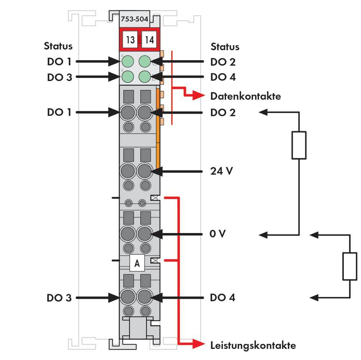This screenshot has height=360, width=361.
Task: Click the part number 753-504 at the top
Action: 135,19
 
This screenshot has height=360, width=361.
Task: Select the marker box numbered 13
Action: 130,40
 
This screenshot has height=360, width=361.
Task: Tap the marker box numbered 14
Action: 149,40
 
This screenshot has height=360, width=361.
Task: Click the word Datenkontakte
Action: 245,96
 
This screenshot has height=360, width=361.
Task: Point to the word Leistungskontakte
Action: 253,345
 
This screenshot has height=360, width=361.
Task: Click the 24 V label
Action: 222,171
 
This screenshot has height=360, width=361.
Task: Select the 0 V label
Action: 218,234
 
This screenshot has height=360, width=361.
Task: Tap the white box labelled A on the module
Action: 137,263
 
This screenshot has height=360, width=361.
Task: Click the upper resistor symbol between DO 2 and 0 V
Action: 299,145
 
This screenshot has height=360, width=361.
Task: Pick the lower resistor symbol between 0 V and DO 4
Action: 350,266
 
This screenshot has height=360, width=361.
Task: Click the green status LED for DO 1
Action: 128,61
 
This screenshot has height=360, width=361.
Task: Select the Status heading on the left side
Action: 58,46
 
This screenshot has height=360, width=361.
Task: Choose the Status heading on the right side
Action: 225,47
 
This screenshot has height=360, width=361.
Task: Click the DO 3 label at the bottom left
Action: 59,298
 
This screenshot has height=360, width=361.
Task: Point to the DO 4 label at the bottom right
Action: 223,298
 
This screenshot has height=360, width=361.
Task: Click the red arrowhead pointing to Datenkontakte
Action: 198,96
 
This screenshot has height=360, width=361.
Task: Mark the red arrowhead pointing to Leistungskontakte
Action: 198,344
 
